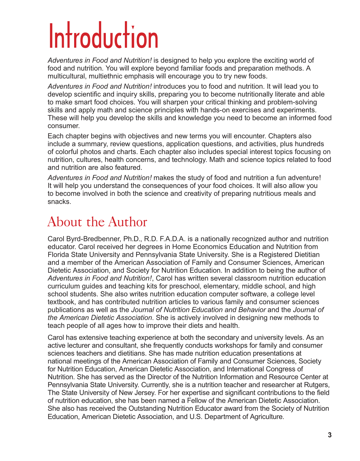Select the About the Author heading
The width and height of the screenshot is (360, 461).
pyautogui.click(x=97, y=222)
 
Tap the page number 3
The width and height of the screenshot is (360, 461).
pyautogui.click(x=330, y=435)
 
